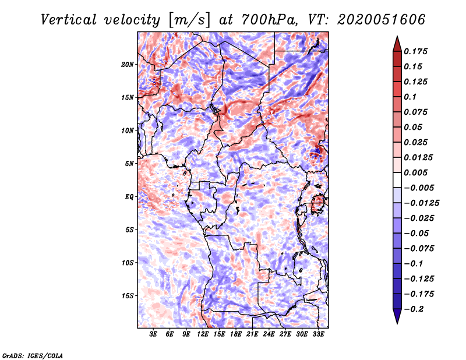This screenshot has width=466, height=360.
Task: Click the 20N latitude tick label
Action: pyautogui.click(x=128, y=64)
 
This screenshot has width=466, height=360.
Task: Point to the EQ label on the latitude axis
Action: pyautogui.click(x=129, y=197)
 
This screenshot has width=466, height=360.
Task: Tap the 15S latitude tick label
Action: pyautogui.click(x=128, y=296)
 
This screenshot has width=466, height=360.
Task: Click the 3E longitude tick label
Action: pyautogui.click(x=154, y=334)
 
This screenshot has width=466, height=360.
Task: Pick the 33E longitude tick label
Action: pyautogui.click(x=319, y=334)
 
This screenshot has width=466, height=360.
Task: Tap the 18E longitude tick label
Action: pyautogui.click(x=236, y=334)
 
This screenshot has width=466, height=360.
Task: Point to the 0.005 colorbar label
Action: pyautogui.click(x=416, y=172)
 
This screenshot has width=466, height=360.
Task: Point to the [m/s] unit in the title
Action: pyautogui.click(x=187, y=20)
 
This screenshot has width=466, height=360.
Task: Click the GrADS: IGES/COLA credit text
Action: pyautogui.click(x=32, y=354)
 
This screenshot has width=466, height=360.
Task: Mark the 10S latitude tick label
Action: pyautogui.click(x=128, y=263)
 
